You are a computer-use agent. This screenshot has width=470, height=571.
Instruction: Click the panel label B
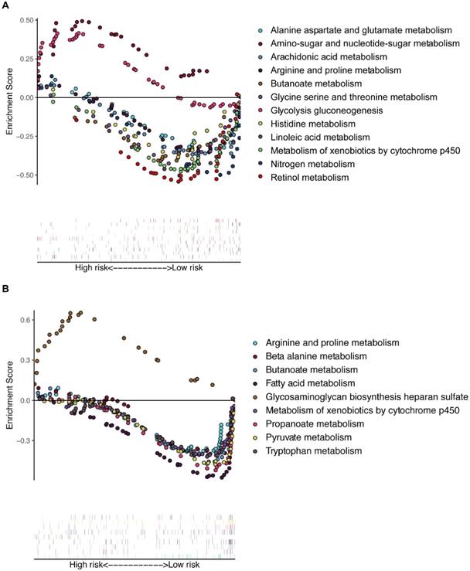5,290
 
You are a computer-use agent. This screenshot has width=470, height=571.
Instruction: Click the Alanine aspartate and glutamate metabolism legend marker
260,30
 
